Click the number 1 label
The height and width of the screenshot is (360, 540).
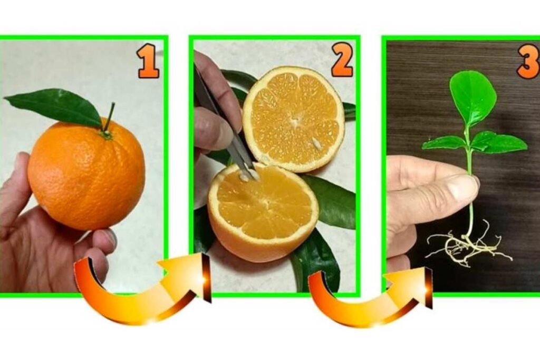[x=148, y=62]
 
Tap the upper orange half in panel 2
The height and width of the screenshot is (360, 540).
[x=294, y=119]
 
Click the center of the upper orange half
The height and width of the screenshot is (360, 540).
[x=295, y=121]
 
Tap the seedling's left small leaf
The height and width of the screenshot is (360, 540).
[x=443, y=142]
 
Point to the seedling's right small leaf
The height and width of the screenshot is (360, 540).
[x=499, y=142]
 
